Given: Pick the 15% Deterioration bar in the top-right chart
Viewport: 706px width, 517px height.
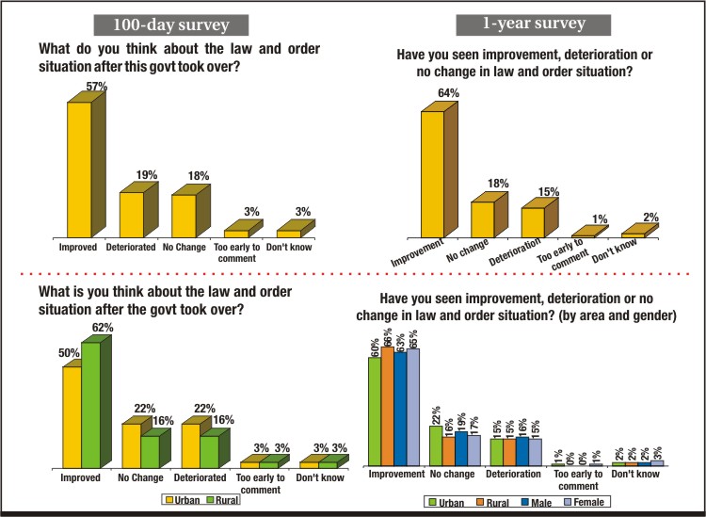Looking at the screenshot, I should point(533,221).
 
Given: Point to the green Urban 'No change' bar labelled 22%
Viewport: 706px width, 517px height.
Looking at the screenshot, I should point(435,445).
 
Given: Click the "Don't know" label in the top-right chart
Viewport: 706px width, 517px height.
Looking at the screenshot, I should point(644,249).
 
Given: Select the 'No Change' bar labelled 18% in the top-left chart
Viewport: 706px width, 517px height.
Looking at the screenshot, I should point(185,215).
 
